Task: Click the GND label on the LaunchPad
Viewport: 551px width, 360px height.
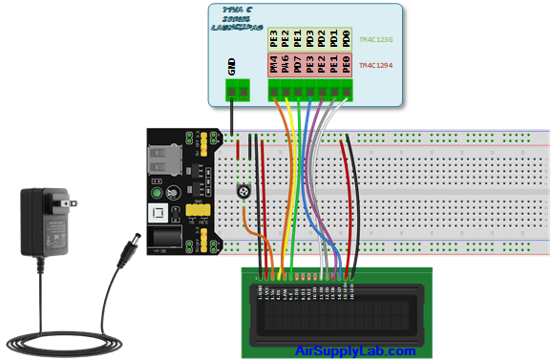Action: tap(232, 66)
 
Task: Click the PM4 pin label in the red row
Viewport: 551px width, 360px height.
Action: tap(274, 65)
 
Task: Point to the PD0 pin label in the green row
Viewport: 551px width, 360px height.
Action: tap(346, 39)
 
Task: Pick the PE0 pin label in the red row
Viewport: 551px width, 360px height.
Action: tap(346, 65)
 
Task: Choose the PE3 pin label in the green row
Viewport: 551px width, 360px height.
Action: tap(274, 39)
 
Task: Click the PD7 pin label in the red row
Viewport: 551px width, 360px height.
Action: tap(298, 65)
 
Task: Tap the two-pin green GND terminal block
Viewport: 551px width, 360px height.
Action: tap(238, 91)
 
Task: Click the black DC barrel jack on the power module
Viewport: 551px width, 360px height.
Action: tap(165, 238)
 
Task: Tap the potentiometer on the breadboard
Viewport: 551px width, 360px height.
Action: tap(246, 191)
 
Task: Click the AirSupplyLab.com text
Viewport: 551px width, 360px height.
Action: tap(355, 351)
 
